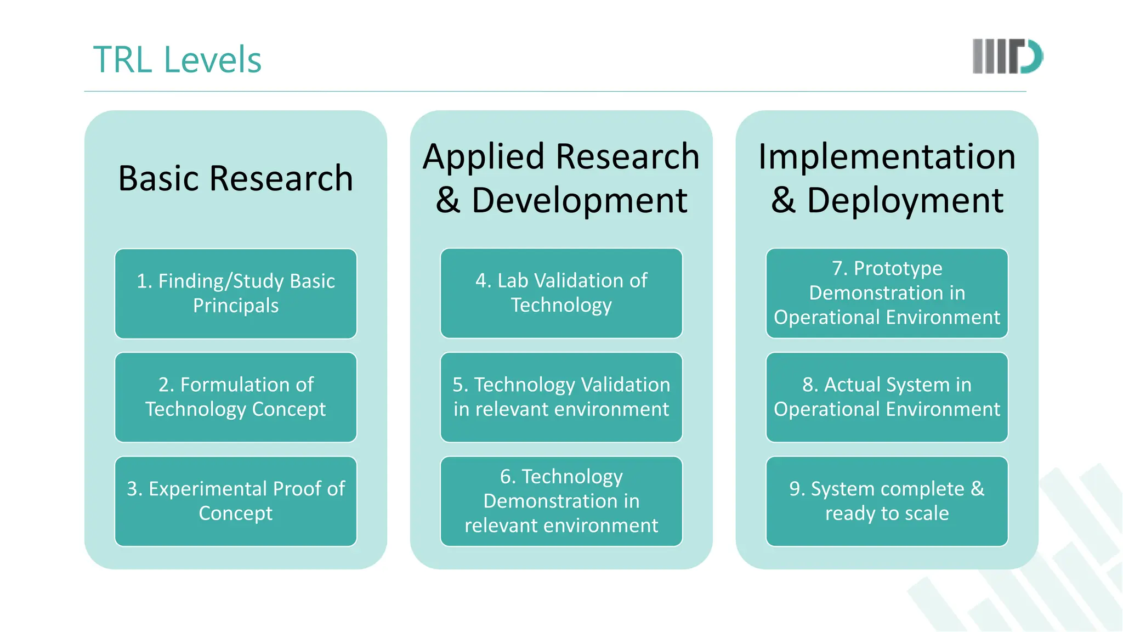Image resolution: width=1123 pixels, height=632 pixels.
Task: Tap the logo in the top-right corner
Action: pos(1007,56)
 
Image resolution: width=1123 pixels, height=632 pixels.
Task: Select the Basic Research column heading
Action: pos(236,178)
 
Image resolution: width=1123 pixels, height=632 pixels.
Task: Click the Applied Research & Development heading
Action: pos(561,178)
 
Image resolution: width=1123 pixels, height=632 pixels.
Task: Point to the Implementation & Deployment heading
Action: pos(887,178)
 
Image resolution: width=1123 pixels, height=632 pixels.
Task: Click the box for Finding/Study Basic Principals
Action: pos(236,294)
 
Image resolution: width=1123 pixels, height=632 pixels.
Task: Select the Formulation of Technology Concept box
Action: pos(236,397)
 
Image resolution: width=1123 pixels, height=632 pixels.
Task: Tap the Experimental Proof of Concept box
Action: pos(236,501)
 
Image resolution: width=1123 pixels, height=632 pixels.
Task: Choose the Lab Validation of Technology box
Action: pos(561,293)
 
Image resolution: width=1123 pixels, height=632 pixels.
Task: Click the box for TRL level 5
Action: pos(561,397)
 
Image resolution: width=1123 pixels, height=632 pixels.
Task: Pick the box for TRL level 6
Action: pos(561,501)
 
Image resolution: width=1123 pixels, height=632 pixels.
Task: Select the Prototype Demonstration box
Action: pos(887,293)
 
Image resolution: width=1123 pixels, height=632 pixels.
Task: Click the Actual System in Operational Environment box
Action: pos(887,397)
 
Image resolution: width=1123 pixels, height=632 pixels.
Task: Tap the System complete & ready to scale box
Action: pos(887,501)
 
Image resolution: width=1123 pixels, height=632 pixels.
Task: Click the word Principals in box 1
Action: pos(236,306)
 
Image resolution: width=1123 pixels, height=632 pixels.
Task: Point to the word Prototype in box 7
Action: pos(898,268)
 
